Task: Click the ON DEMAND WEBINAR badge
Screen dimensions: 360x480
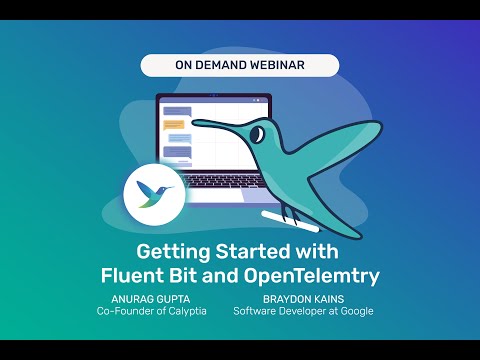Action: pos(239,66)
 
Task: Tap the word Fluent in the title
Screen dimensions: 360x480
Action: pos(135,274)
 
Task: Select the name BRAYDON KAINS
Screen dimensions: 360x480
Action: pos(303,297)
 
